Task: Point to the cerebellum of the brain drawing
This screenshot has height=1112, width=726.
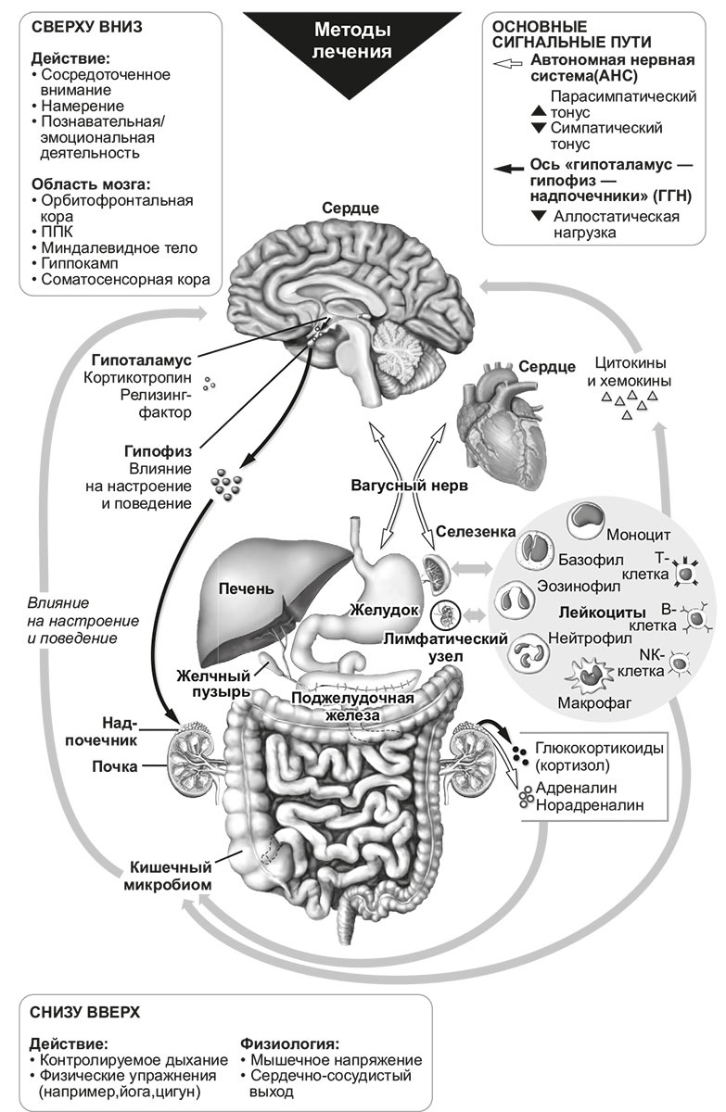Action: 401,349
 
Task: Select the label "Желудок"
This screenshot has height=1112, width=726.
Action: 378,610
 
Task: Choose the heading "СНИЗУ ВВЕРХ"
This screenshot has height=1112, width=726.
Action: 85,1011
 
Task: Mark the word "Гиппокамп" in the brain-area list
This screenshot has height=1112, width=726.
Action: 80,262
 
